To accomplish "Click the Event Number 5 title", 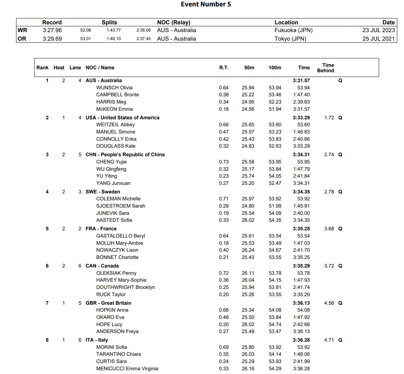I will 206,4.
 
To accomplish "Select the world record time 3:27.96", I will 52,30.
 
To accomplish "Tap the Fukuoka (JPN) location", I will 293,30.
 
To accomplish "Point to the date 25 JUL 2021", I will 378,39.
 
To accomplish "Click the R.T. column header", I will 224,68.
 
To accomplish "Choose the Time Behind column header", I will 325,68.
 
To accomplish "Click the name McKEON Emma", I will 114,109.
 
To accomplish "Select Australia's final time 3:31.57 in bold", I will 301,81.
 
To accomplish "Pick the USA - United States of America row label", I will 122,118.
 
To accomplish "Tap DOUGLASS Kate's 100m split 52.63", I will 275,146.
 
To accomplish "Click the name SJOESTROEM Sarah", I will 121,206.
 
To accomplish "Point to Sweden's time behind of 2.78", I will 329,192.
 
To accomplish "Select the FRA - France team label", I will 101,229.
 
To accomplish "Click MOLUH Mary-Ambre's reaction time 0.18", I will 224,243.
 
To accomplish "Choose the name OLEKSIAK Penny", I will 116,273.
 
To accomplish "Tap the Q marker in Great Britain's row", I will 340,303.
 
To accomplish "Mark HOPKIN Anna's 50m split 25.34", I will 248,310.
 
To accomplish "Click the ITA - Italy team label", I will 97,340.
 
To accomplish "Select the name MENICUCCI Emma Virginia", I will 127,369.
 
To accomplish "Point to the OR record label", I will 22,39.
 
